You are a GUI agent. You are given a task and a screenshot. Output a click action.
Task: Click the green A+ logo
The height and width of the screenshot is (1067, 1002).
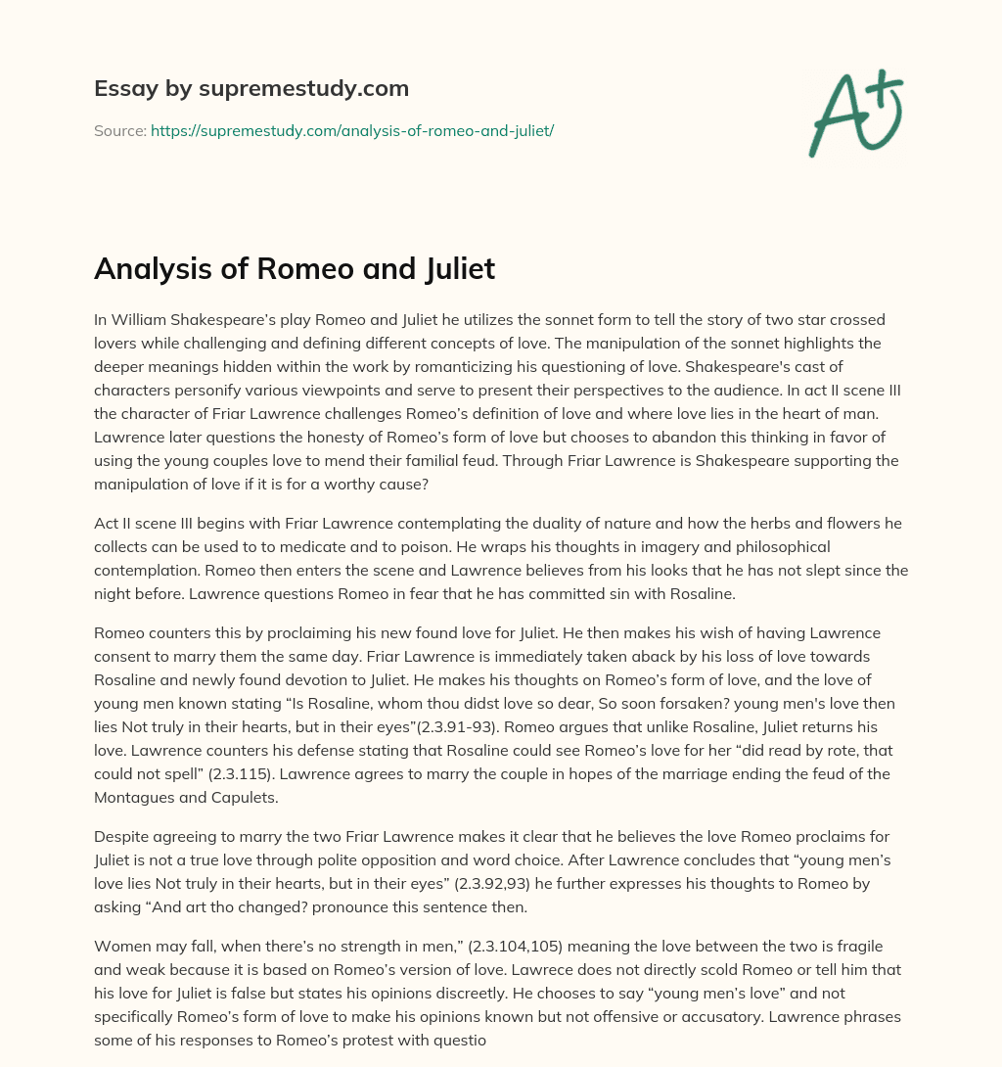[855, 113]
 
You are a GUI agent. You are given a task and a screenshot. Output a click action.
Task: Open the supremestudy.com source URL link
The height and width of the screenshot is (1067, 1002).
[352, 130]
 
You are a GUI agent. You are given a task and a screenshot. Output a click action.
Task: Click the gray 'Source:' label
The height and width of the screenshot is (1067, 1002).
[119, 130]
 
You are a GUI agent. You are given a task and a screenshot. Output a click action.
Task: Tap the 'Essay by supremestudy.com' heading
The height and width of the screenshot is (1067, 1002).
[251, 89]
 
